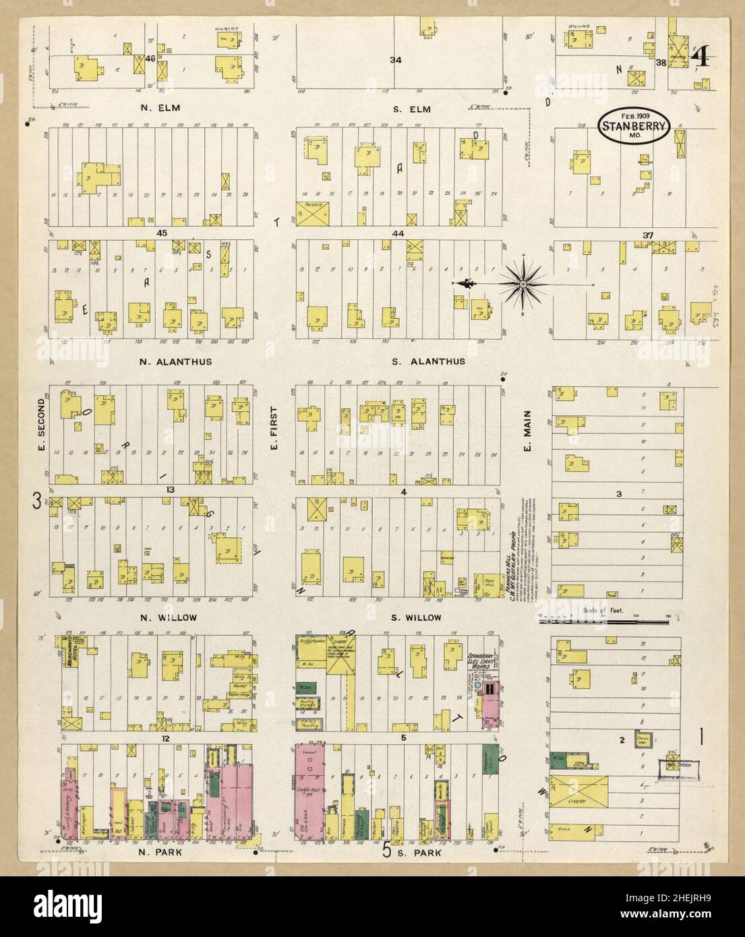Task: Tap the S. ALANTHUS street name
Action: click(x=429, y=361)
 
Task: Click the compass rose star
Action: click(x=523, y=285)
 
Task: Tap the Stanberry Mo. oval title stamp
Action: click(x=634, y=125)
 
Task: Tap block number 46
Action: click(x=151, y=59)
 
